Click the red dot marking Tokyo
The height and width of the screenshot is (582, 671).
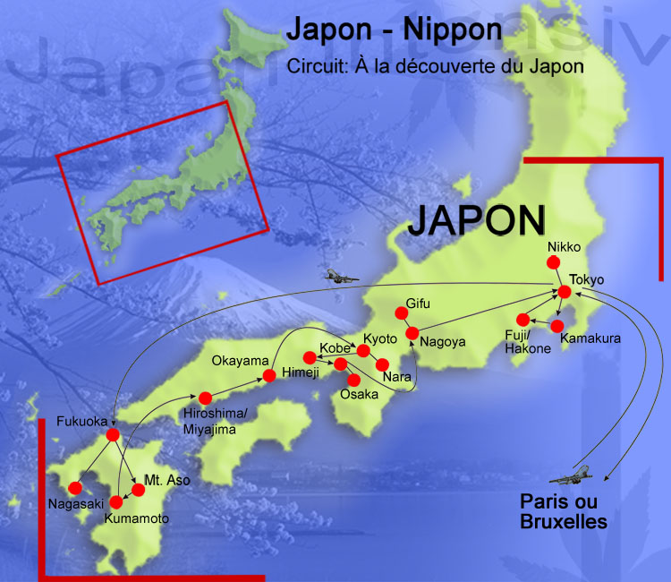565,292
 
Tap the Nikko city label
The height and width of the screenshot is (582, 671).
565,246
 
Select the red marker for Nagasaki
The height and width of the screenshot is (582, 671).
74,488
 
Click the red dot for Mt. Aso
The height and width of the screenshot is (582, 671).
139,489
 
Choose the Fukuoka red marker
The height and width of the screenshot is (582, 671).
113,434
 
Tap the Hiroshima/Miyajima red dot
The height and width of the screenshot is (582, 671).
205,398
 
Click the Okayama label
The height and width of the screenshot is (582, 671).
240,361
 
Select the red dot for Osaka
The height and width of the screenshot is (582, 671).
353,380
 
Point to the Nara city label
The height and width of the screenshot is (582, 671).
397,378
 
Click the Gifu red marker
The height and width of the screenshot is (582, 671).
400,312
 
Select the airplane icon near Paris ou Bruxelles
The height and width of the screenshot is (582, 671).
571,474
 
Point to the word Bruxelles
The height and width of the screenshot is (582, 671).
565,520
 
